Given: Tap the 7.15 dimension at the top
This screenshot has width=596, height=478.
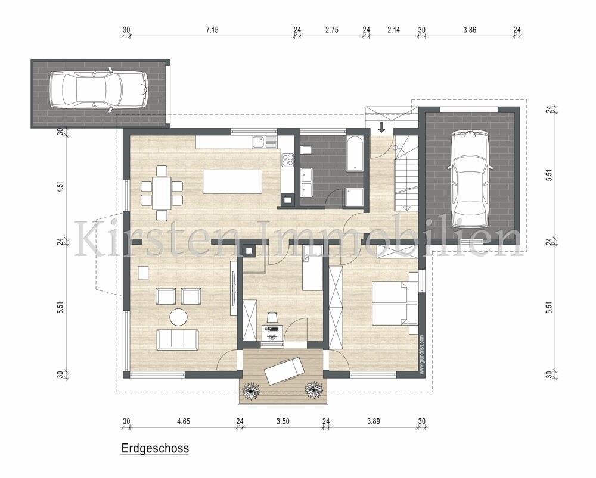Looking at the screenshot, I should click(212, 30).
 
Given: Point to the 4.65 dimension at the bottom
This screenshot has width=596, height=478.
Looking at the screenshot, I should click(183, 421).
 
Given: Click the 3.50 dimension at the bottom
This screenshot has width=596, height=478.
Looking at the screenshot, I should click(283, 421).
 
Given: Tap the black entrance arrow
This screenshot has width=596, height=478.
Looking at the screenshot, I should click(381, 126).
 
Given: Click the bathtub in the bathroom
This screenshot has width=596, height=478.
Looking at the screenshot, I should click(355, 153).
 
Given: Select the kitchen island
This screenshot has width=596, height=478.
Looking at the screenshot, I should click(232, 181).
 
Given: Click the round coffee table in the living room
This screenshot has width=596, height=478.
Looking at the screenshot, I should click(178, 317).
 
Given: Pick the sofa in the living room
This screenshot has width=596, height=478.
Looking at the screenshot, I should click(178, 339).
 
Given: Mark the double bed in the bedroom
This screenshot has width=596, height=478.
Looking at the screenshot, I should click(394, 304).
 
